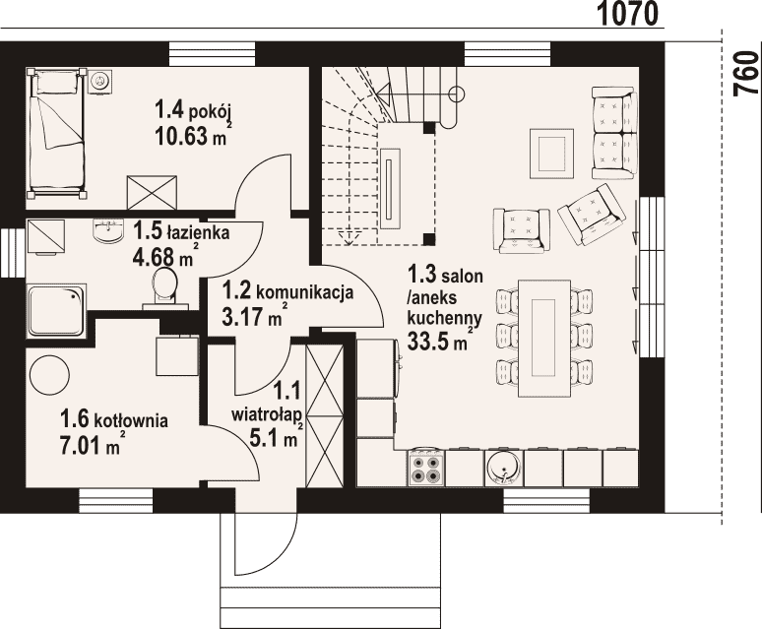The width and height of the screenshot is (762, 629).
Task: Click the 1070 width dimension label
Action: [627, 13]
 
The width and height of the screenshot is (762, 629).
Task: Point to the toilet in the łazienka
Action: [164, 289]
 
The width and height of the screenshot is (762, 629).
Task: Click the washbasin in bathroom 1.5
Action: [107, 230]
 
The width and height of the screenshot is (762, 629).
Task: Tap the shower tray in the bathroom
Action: [56, 311]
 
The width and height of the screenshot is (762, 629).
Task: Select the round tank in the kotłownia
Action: [49, 375]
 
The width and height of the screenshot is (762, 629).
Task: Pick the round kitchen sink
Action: [504, 468]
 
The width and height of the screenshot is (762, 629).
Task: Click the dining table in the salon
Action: [543, 338]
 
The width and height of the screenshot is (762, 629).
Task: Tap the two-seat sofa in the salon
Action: [614, 132]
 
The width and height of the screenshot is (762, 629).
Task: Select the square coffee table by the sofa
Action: [551, 153]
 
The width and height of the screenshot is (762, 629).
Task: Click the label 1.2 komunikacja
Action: [287, 292]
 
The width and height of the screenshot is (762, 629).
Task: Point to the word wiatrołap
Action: [267, 415]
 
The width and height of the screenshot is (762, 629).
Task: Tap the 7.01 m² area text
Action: [91, 444]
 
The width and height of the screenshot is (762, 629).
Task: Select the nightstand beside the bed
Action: [100, 80]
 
